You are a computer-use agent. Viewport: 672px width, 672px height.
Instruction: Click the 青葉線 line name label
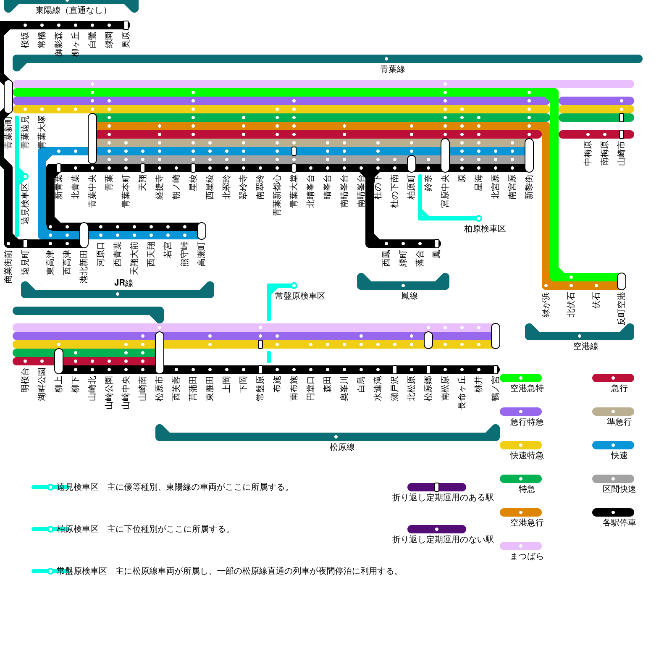(x=393, y=69)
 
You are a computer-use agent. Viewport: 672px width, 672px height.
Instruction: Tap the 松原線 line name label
(x=342, y=447)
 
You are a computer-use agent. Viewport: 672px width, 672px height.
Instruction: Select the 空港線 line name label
(x=585, y=346)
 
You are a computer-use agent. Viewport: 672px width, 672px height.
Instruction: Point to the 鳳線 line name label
(x=409, y=296)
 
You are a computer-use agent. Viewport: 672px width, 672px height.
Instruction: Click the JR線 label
(x=123, y=283)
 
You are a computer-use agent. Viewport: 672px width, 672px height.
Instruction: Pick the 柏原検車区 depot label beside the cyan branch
(x=485, y=229)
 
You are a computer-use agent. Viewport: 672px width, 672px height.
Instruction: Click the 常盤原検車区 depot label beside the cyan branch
(x=300, y=296)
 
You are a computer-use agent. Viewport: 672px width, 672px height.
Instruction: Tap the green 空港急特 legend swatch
(x=521, y=378)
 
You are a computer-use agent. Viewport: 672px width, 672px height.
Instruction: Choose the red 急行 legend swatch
(x=613, y=378)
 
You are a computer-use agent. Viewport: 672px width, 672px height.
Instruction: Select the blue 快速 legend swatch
(x=613, y=445)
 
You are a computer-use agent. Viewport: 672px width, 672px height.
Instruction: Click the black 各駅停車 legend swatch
(x=613, y=512)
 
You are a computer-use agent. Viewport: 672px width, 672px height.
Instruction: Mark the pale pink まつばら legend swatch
(x=521, y=546)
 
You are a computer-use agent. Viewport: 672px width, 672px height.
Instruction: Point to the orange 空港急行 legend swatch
(x=521, y=512)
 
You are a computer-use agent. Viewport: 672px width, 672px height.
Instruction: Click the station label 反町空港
(x=622, y=309)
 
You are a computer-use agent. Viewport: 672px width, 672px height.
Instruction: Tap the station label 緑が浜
(x=546, y=305)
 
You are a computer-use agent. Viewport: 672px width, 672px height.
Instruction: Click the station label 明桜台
(x=25, y=381)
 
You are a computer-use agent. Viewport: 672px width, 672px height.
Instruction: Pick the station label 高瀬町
(x=202, y=254)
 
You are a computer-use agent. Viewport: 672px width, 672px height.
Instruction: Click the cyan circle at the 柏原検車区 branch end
(x=479, y=218)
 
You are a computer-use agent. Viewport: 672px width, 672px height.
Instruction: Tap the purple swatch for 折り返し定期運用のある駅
(x=437, y=487)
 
